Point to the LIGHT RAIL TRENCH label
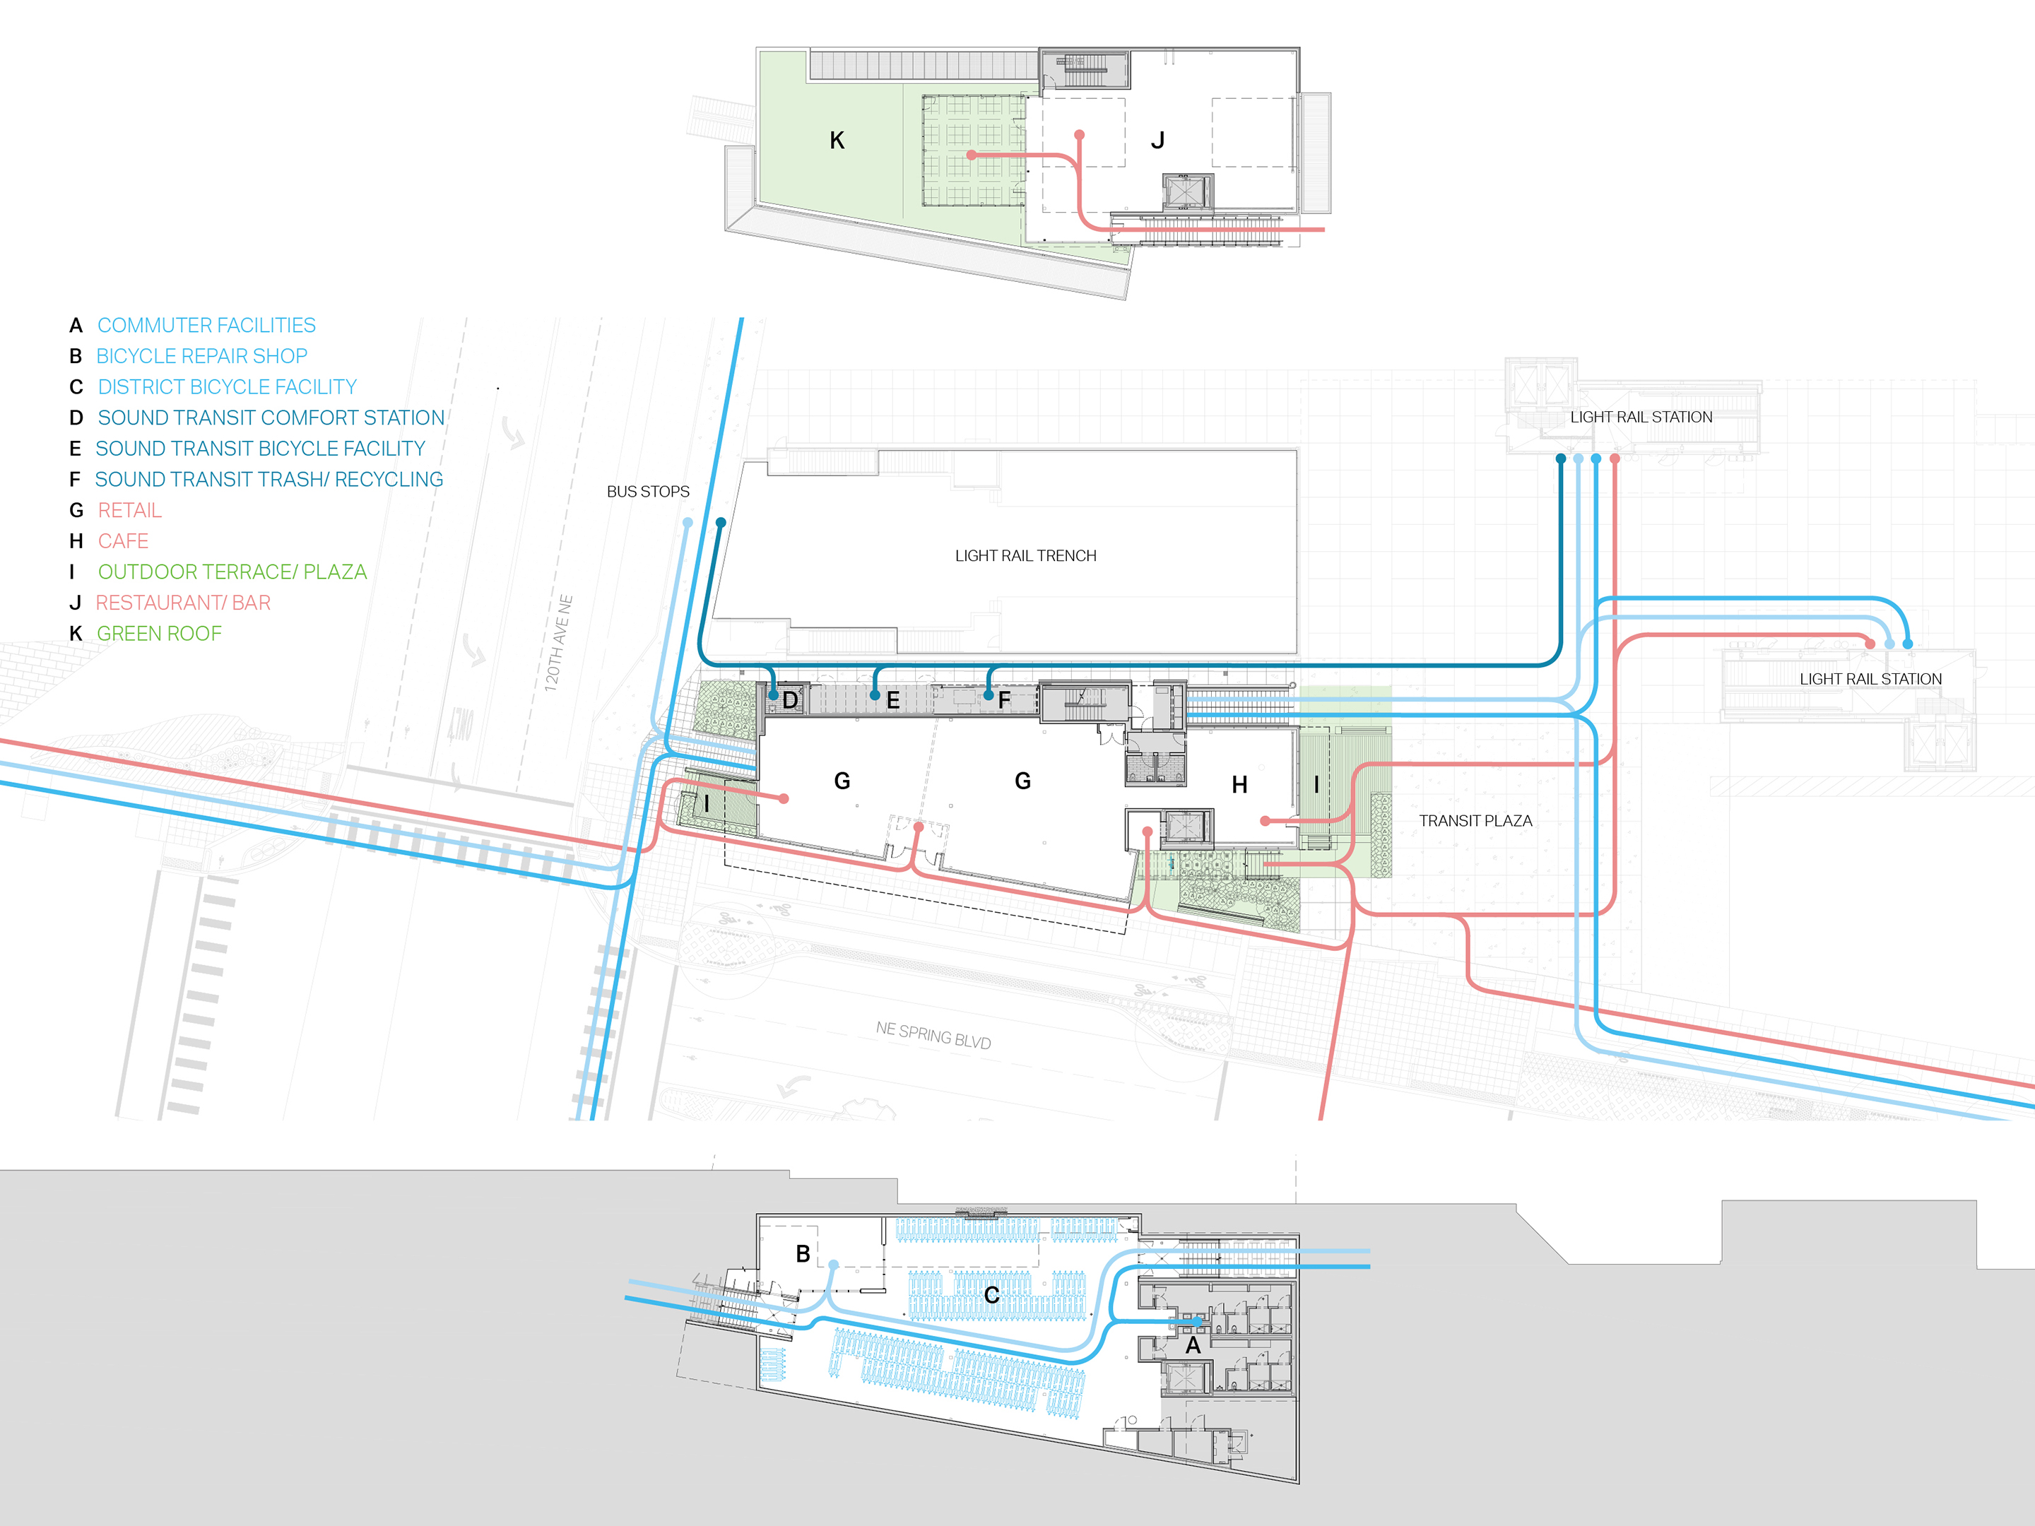[1026, 555]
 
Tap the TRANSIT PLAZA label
[1475, 820]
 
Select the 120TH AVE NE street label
[558, 643]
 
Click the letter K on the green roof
[837, 141]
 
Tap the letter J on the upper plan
[1158, 141]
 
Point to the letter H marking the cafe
[1240, 785]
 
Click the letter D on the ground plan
[790, 700]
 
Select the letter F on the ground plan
[1005, 700]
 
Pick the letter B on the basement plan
[803, 1254]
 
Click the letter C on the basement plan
[992, 1295]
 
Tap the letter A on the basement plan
[1193, 1346]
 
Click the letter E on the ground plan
[892, 700]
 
